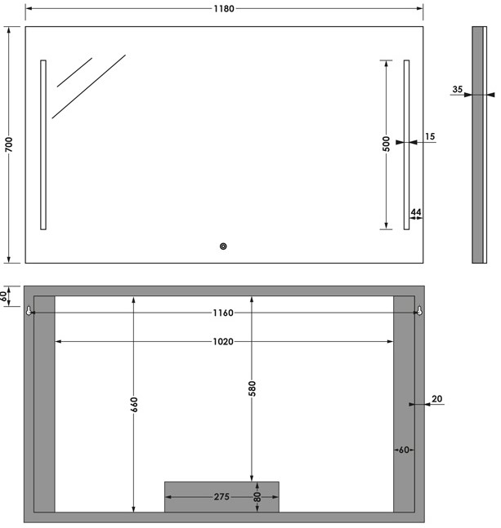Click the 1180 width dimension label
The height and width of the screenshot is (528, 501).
[224, 9]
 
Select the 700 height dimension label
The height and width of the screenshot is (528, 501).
[9, 144]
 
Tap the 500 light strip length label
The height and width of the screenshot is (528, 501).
[387, 144]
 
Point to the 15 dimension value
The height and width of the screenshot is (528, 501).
[430, 136]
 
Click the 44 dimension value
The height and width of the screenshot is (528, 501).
[416, 212]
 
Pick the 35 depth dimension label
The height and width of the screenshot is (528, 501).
[458, 89]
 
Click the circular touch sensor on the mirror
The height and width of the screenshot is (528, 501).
[223, 246]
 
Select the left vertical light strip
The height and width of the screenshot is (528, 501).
[43, 144]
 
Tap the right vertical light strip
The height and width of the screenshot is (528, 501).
[406, 144]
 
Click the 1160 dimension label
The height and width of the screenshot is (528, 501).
[223, 313]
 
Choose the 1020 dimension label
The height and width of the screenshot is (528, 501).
[223, 341]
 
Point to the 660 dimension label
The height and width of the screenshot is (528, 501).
[134, 405]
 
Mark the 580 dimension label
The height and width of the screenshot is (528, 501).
[253, 388]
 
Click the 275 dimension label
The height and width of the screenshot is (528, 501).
[221, 497]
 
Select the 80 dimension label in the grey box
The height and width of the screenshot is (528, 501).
[257, 497]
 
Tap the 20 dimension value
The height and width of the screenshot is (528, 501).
[437, 399]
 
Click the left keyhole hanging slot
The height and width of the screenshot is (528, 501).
[29, 310]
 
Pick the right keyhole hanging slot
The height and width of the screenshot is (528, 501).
[419, 310]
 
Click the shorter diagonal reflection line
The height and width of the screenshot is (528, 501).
[74, 73]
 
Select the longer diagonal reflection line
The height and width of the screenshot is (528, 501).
[88, 87]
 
